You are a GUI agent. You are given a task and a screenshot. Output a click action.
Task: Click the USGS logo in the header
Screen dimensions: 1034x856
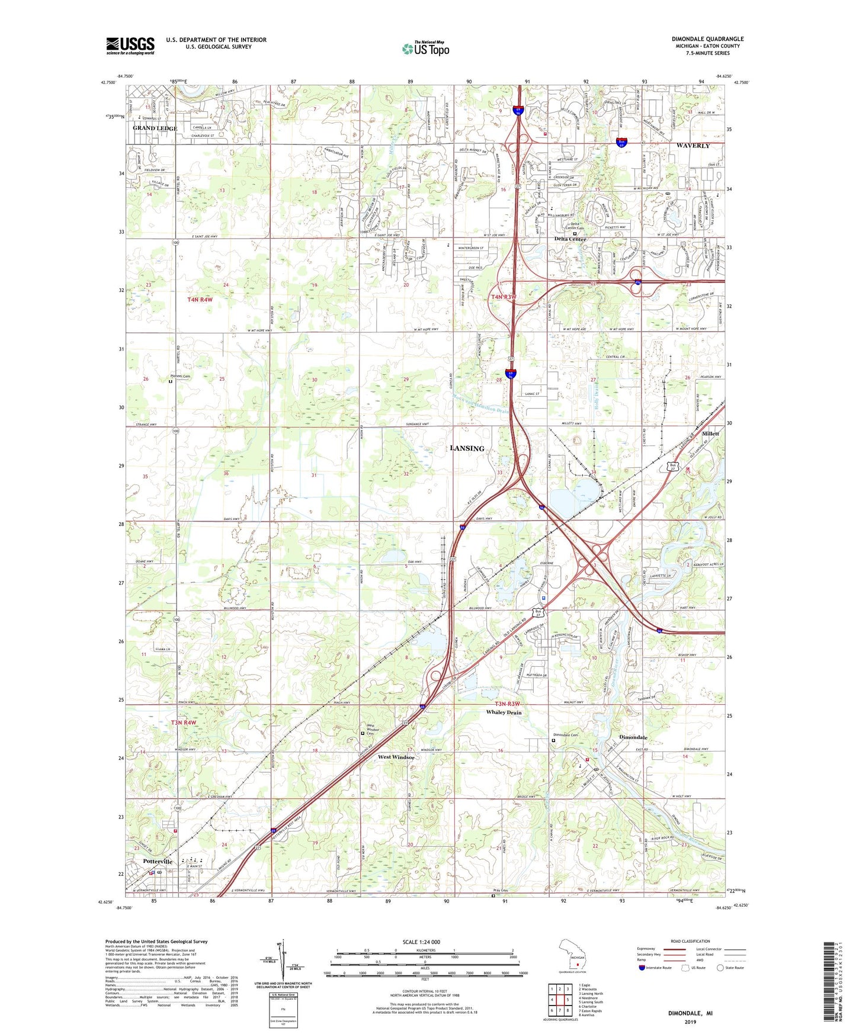tap(130, 46)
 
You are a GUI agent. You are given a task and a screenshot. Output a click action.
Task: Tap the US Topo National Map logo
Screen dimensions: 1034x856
tap(425, 49)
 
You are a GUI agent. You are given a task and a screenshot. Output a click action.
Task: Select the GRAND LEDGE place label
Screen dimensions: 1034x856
tap(155, 129)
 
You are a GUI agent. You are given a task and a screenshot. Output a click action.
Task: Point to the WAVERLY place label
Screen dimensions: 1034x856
tap(693, 146)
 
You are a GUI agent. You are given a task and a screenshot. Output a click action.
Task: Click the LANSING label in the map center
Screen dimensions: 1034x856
tap(467, 448)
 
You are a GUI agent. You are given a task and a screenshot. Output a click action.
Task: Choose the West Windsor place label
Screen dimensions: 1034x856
tap(396, 757)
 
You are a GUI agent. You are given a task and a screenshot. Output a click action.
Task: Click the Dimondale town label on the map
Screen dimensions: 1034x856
tap(633, 737)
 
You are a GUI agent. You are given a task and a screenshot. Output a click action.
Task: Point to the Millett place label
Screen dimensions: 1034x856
tap(710, 433)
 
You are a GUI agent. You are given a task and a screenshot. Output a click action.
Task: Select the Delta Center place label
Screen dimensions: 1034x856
tap(570, 239)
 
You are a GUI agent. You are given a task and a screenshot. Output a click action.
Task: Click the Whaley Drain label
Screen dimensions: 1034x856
tap(504, 712)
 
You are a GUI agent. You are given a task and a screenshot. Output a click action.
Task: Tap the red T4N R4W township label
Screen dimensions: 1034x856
tap(200, 300)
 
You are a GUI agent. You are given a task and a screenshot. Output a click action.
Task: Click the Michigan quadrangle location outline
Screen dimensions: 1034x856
tap(572, 955)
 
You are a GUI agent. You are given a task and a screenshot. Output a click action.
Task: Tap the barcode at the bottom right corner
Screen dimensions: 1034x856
tap(831, 980)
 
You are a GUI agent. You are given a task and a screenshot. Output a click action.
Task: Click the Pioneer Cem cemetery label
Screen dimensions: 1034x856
tap(180, 376)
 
